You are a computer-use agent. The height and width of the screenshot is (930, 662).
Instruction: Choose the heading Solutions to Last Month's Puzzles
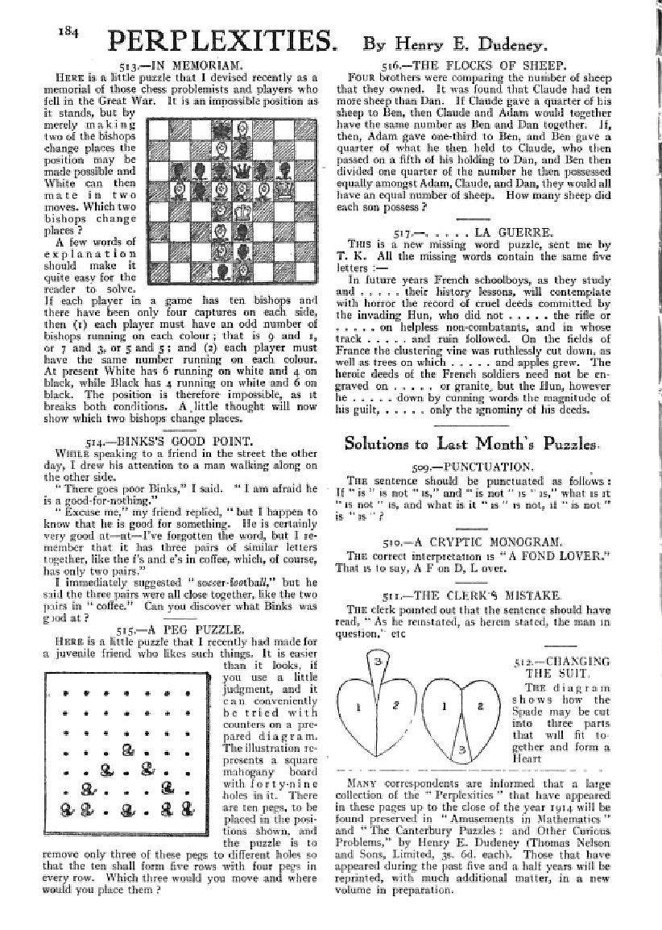tap(470, 445)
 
